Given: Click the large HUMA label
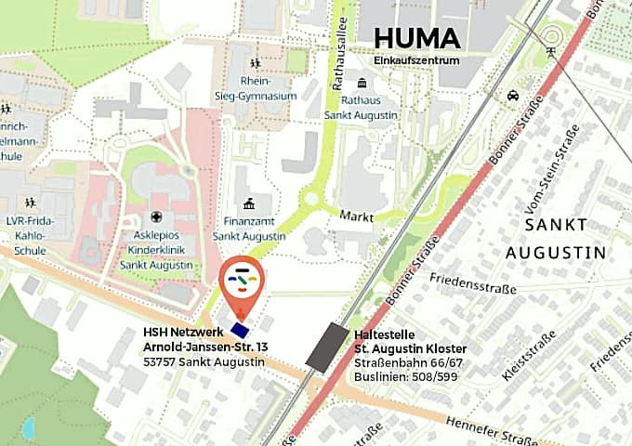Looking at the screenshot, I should click(x=416, y=38).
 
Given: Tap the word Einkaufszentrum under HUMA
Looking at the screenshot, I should click(x=416, y=60).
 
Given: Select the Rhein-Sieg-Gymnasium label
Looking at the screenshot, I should click(x=268, y=88).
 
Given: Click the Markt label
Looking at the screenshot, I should click(x=356, y=215).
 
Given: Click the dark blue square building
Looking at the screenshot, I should click(x=241, y=329).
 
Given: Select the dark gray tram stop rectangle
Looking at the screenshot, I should click(x=328, y=348).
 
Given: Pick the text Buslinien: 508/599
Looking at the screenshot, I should click(x=404, y=376).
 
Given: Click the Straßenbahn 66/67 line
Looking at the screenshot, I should click(x=409, y=362).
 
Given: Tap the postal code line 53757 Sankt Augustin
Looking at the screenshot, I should click(x=204, y=361).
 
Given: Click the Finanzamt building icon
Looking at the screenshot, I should click(x=249, y=203).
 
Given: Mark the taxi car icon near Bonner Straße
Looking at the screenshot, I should click(x=512, y=96).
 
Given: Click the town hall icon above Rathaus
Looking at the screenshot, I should click(x=361, y=84).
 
